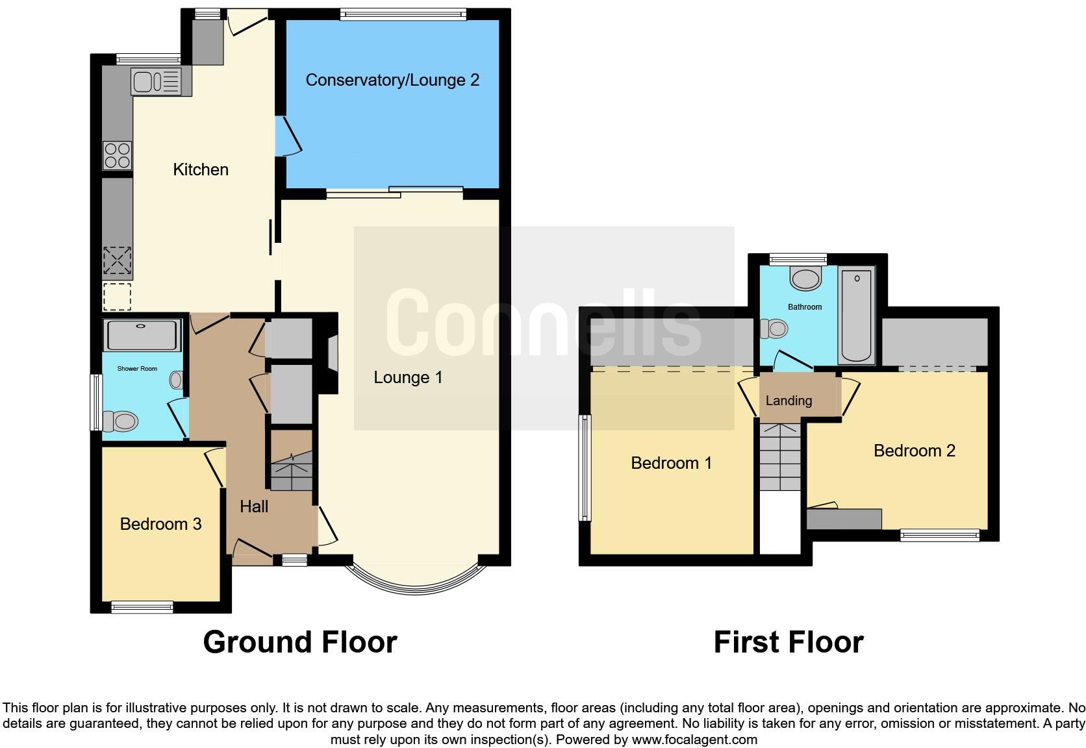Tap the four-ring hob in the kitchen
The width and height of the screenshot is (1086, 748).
118,155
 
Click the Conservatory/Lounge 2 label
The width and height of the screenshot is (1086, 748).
392,80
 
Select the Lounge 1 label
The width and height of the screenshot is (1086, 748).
408,377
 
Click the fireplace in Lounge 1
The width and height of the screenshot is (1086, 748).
333,355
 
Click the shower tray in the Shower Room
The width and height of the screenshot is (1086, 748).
142,335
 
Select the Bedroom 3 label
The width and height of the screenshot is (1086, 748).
160,524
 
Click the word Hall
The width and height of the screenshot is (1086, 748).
253,506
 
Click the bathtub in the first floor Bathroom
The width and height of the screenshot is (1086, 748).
856,316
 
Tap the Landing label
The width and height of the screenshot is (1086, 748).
789,401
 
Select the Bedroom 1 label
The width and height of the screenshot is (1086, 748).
671,463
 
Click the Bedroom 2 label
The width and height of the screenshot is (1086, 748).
914,451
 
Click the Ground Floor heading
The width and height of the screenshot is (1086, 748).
299,642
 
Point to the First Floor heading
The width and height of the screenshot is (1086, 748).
788,642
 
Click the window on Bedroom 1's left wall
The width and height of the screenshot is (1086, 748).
585,468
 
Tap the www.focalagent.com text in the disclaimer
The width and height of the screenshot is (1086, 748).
694,740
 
